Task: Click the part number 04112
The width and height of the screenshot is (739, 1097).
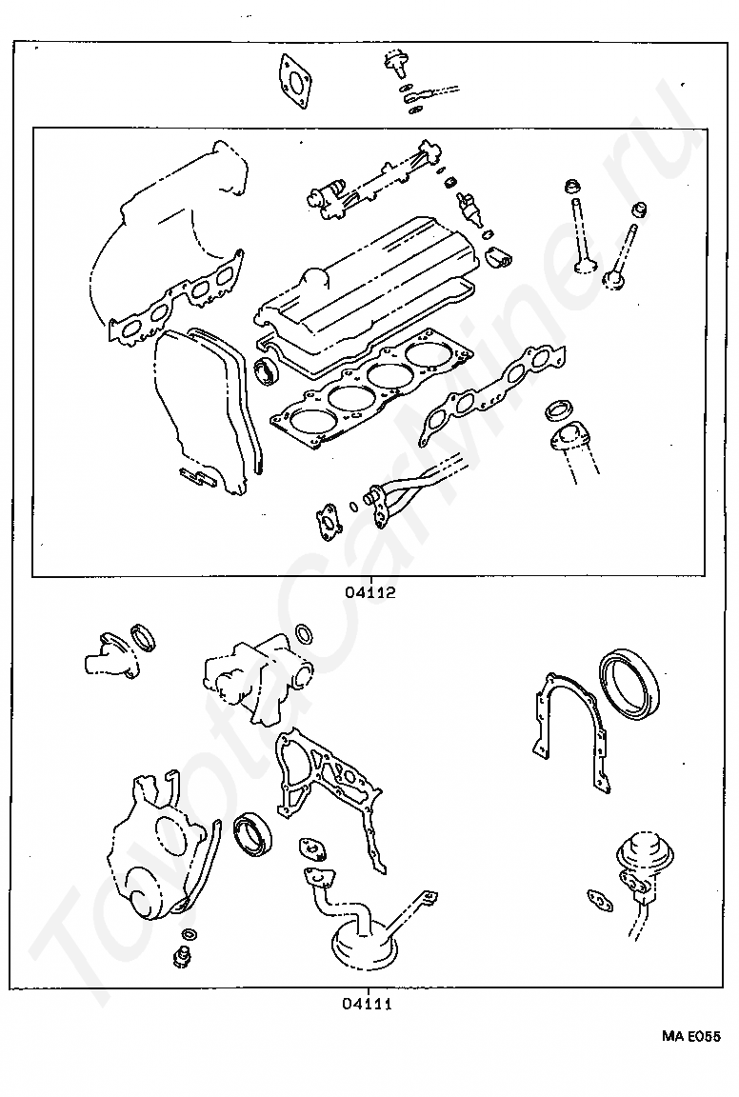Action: coord(370,591)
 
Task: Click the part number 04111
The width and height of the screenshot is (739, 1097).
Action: coord(368,1003)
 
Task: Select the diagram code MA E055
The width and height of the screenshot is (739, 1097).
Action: coord(691,1035)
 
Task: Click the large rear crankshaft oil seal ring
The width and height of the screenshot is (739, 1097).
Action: coord(630,683)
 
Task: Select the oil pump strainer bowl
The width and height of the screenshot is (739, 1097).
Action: coord(365,944)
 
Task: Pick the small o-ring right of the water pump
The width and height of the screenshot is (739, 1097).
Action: coord(304,633)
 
